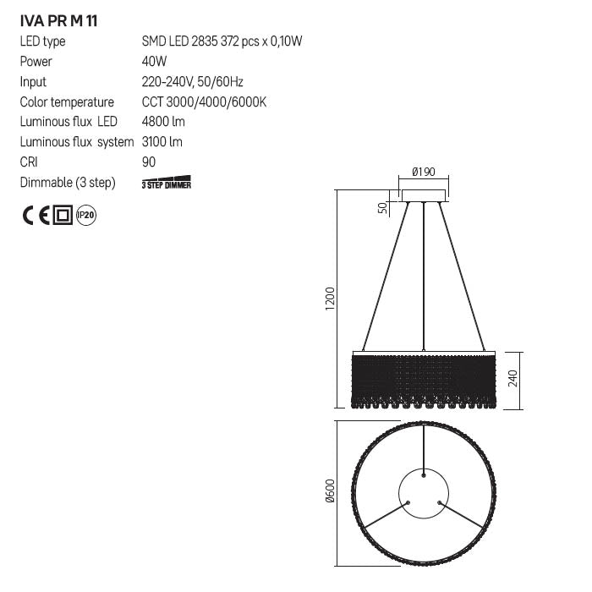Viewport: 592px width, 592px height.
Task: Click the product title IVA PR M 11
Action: [58, 20]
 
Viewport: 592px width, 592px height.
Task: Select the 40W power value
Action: [155, 62]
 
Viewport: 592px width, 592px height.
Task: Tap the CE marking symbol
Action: [36, 216]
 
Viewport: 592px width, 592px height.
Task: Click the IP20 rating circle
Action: [86, 216]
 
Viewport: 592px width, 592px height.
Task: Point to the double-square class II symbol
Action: [63, 216]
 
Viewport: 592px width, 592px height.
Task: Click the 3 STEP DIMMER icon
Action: [167, 184]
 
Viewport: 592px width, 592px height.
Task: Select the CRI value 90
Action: [150, 162]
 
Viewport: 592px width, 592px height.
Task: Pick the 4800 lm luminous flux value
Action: [162, 122]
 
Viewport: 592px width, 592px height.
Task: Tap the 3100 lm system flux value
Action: [162, 142]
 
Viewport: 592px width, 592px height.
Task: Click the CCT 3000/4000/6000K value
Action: [205, 102]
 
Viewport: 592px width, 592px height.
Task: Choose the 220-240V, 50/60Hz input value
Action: [193, 82]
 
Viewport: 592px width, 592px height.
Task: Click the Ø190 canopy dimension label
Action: [423, 172]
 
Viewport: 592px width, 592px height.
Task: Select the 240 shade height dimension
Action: [512, 376]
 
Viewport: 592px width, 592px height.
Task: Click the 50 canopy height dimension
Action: [382, 207]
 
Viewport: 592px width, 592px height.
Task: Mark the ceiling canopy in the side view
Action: [423, 196]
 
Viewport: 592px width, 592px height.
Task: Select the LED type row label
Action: [42, 41]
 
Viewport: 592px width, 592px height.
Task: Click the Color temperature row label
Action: [67, 102]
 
